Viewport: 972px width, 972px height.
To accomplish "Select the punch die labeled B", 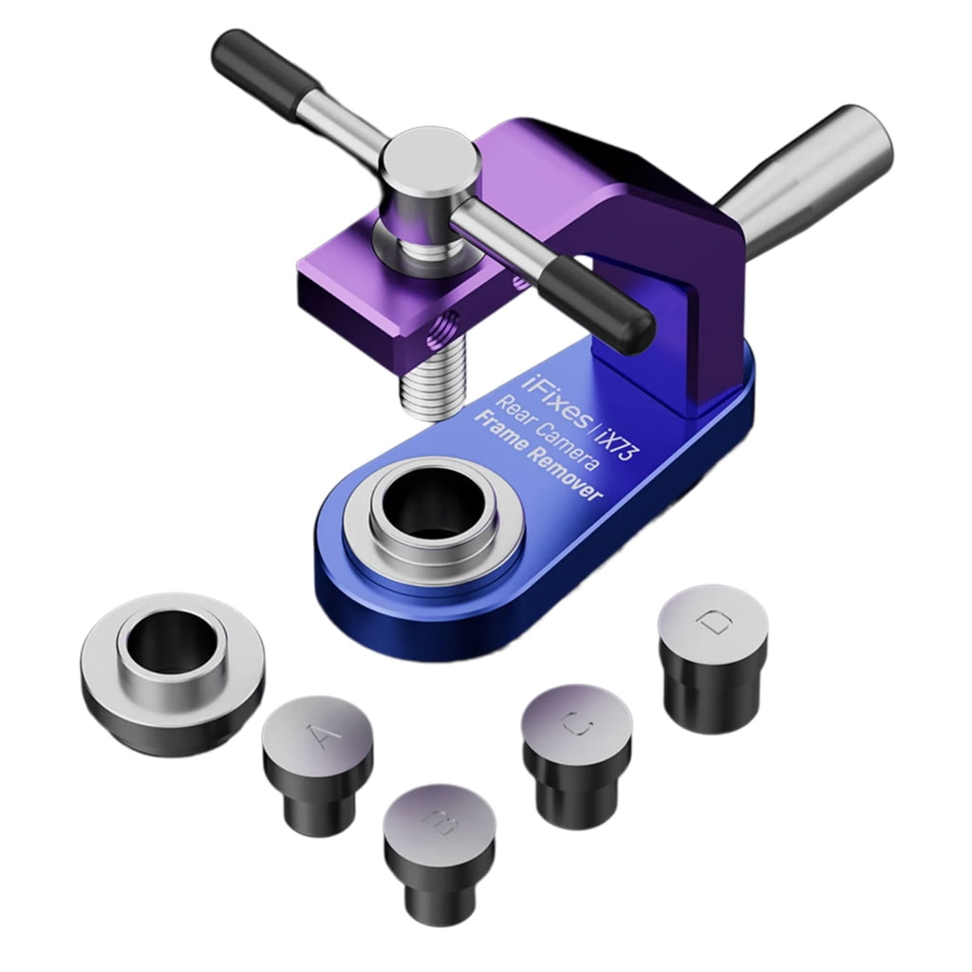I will [439, 845].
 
